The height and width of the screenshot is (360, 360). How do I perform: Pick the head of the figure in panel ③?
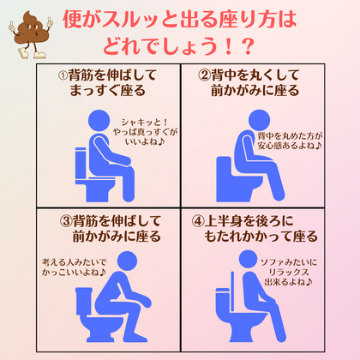tap(127, 261)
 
